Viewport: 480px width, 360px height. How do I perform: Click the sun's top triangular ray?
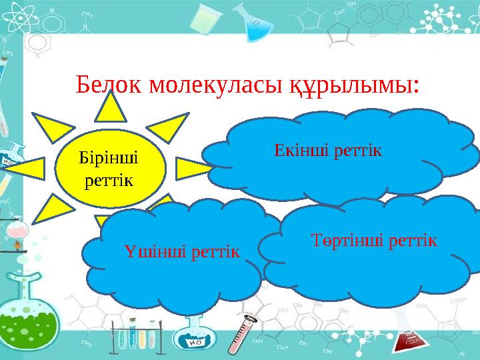pyautogui.click(x=111, y=109)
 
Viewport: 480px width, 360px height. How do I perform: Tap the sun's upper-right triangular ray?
pyautogui.click(x=169, y=127)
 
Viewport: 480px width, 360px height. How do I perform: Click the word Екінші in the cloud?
pyautogui.click(x=295, y=150)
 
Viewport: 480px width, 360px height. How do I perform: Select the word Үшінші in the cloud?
pyautogui.click(x=147, y=251)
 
